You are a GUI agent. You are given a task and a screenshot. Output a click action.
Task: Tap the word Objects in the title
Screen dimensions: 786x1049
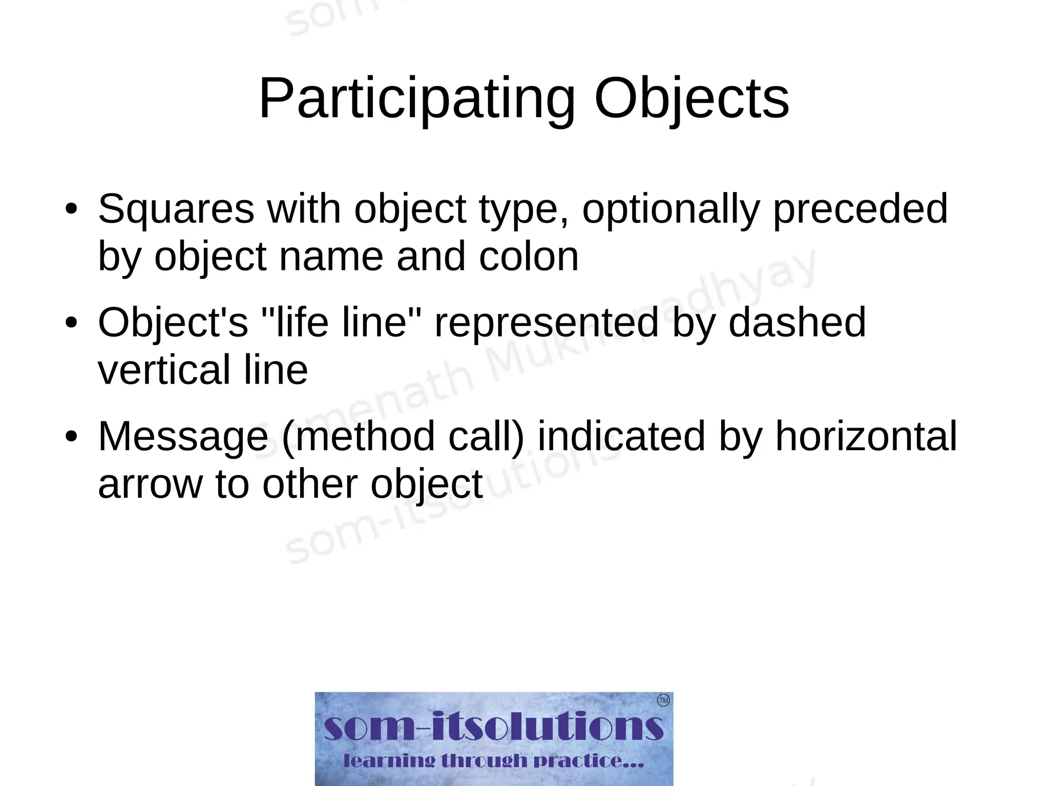pyautogui.click(x=691, y=99)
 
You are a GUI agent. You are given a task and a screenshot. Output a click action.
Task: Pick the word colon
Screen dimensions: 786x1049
pyautogui.click(x=529, y=256)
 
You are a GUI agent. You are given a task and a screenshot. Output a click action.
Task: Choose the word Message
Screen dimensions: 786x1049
pyautogui.click(x=183, y=436)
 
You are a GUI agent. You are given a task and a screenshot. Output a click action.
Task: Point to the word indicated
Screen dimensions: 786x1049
pyautogui.click(x=621, y=436)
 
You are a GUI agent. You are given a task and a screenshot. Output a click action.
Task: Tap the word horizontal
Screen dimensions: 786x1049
pyautogui.click(x=866, y=436)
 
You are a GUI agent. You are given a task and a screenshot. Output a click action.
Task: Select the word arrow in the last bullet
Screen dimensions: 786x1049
pyautogui.click(x=150, y=484)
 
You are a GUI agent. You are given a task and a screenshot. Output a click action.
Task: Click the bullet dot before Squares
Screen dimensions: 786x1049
pyautogui.click(x=71, y=209)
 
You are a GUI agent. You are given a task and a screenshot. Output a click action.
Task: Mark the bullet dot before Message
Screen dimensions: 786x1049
pyautogui.click(x=71, y=437)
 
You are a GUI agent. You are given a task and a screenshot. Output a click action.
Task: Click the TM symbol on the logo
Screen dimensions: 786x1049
pyautogui.click(x=663, y=700)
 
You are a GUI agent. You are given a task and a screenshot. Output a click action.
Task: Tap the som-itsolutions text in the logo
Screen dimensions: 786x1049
pyautogui.click(x=493, y=726)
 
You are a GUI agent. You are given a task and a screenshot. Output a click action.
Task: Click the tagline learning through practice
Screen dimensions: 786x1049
pyautogui.click(x=493, y=761)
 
